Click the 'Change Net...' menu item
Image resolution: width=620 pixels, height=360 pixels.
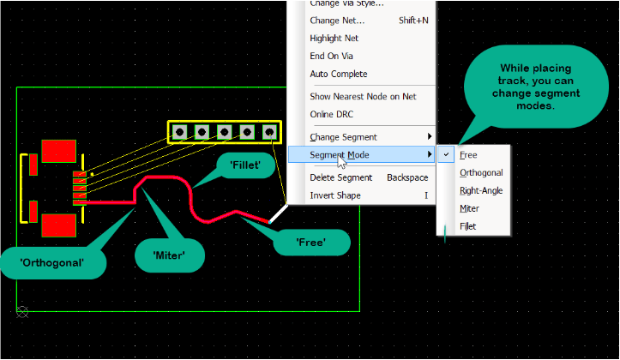click(x=337, y=20)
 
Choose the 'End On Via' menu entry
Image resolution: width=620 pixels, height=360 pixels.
click(x=331, y=56)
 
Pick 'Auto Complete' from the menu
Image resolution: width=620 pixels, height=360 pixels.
click(x=338, y=75)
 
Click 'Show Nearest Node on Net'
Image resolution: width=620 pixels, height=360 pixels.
click(x=363, y=96)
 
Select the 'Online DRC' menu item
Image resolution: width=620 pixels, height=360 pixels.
click(x=331, y=114)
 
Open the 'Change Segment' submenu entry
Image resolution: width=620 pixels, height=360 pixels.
click(x=343, y=137)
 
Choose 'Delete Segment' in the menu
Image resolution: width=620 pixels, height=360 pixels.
click(x=340, y=177)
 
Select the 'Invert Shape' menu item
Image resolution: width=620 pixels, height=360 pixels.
click(x=335, y=195)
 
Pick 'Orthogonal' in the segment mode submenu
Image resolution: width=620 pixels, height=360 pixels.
click(x=481, y=173)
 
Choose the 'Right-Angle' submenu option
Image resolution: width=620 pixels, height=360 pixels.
click(x=481, y=190)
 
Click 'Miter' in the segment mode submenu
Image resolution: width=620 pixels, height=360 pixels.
click(x=469, y=208)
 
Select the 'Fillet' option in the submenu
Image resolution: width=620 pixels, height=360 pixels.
click(x=467, y=226)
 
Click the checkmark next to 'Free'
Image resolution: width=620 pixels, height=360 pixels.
click(x=446, y=155)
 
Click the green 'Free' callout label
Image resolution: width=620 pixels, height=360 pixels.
click(x=310, y=243)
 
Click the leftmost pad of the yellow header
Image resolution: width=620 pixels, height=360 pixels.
click(x=180, y=132)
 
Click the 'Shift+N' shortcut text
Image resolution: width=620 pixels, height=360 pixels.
click(x=414, y=20)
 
